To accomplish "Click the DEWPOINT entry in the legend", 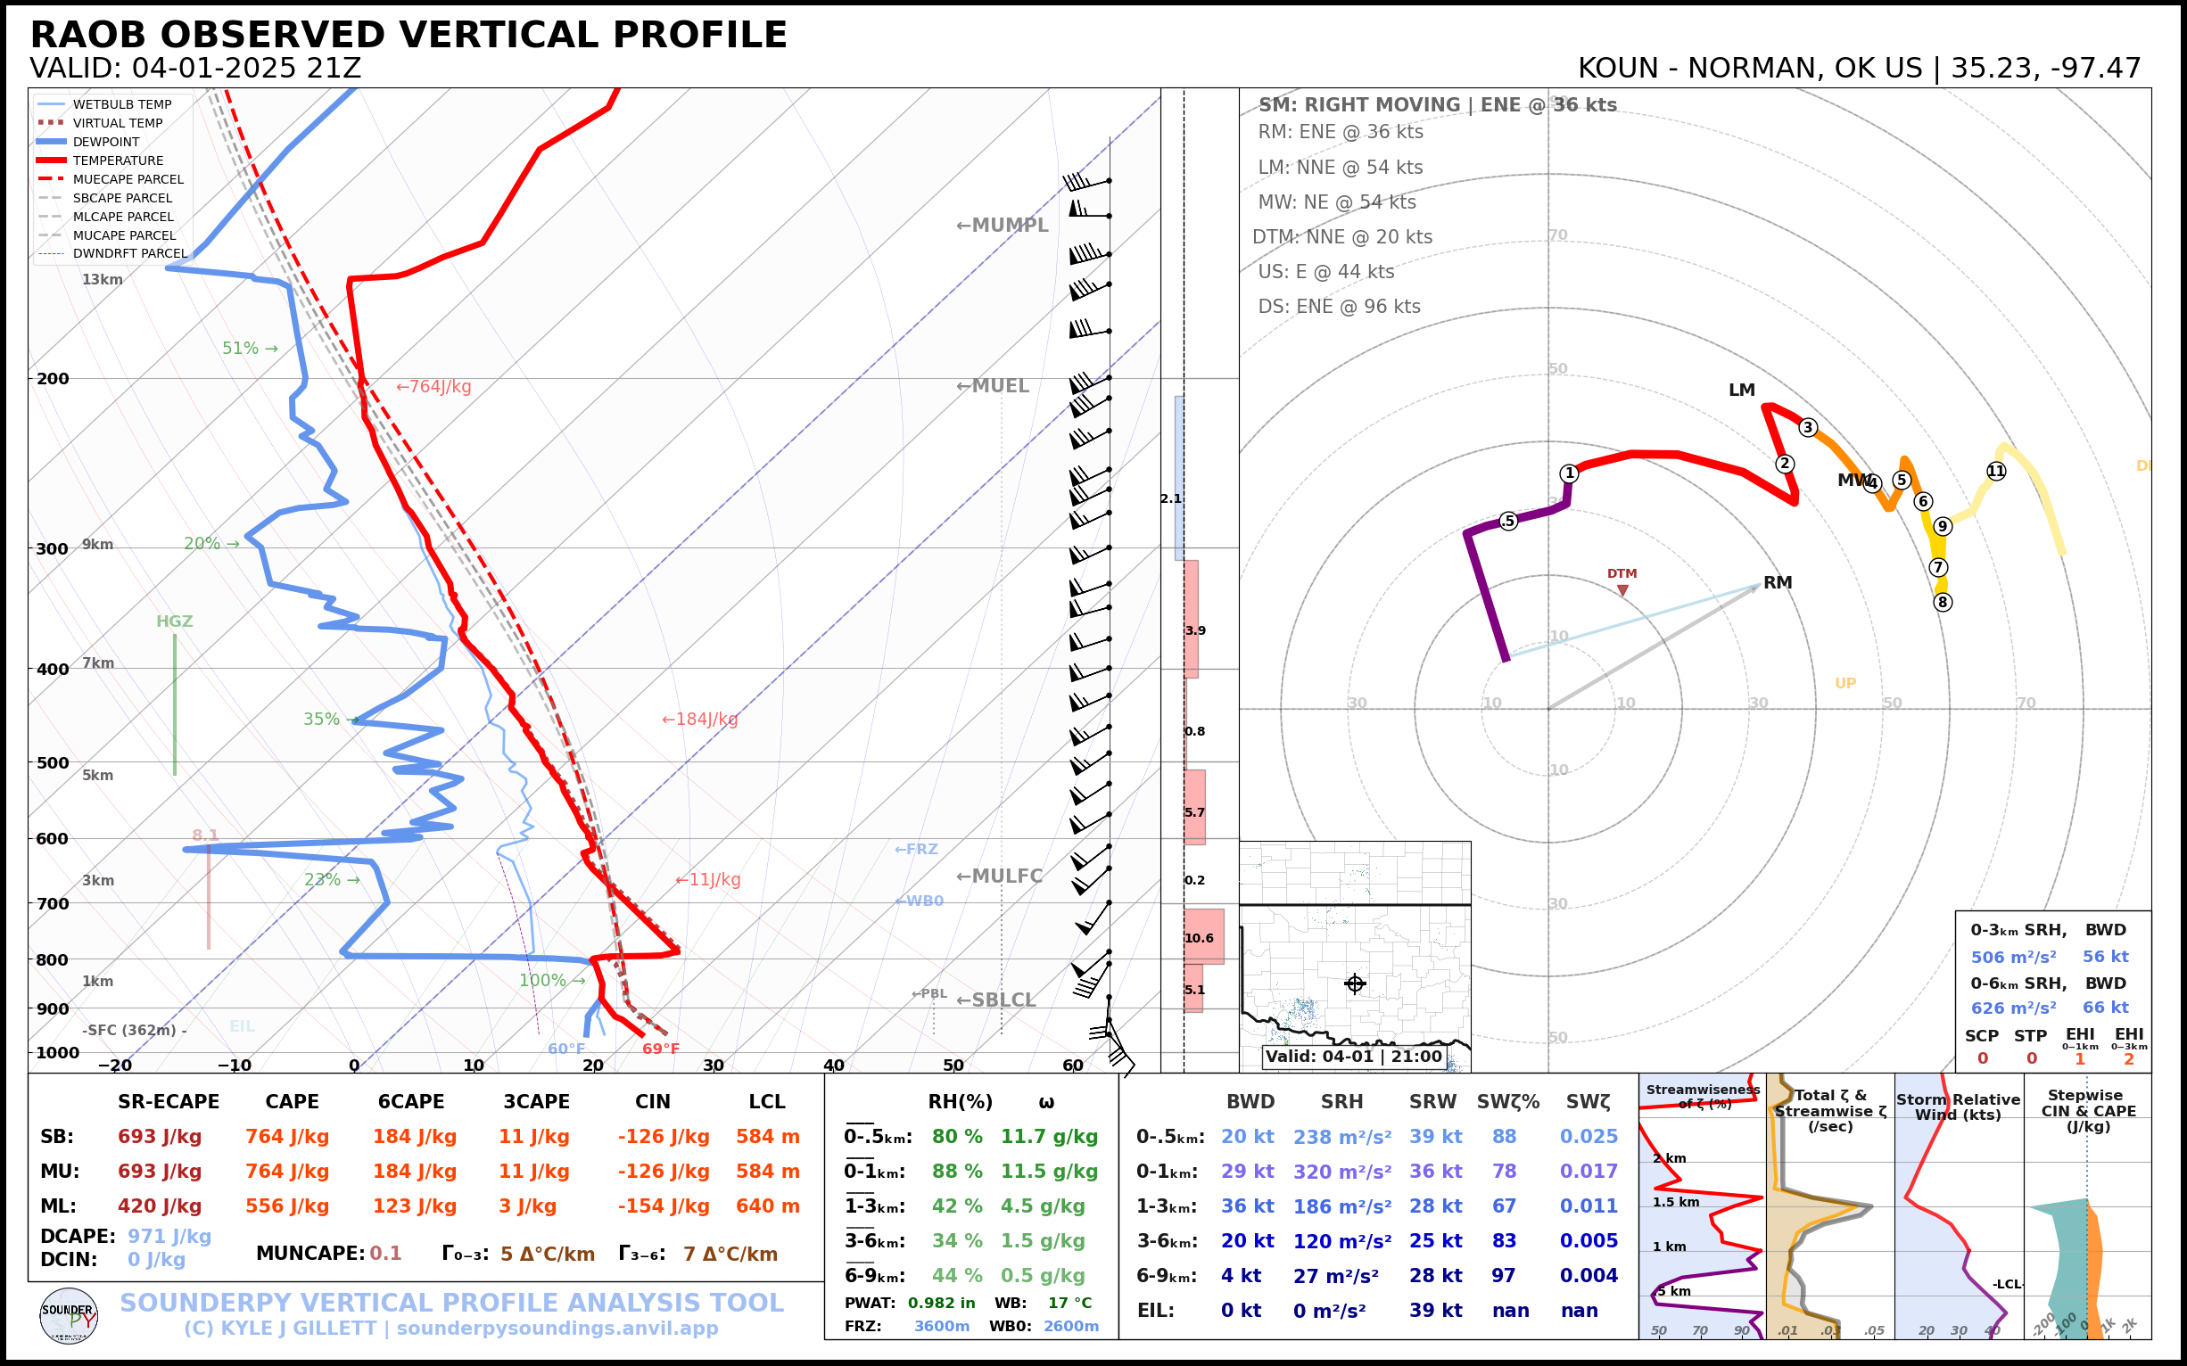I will pyautogui.click(x=106, y=142).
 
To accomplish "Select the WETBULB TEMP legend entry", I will pyautogui.click(x=122, y=105).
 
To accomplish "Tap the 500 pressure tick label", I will pyautogui.click(x=53, y=762).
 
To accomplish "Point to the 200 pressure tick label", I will pyautogui.click(x=53, y=379).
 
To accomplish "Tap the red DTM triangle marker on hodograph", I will pyautogui.click(x=1622, y=590).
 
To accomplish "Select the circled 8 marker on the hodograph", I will pyautogui.click(x=1942, y=602).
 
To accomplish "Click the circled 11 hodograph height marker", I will pyautogui.click(x=1995, y=471).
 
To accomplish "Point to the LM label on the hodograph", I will pyautogui.click(x=1741, y=391).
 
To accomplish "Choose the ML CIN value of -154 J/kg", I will pyautogui.click(x=664, y=1206).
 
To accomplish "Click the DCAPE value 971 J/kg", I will pyautogui.click(x=169, y=1236).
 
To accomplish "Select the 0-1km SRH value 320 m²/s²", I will pyautogui.click(x=1341, y=1172).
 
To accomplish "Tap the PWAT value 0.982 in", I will pyautogui.click(x=941, y=1303).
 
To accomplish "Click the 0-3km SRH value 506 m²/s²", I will pyautogui.click(x=2012, y=957).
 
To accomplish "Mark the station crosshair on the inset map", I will pyautogui.click(x=1355, y=983).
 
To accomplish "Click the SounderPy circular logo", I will pyautogui.click(x=69, y=1316).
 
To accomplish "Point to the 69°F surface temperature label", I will pyautogui.click(x=661, y=1049).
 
